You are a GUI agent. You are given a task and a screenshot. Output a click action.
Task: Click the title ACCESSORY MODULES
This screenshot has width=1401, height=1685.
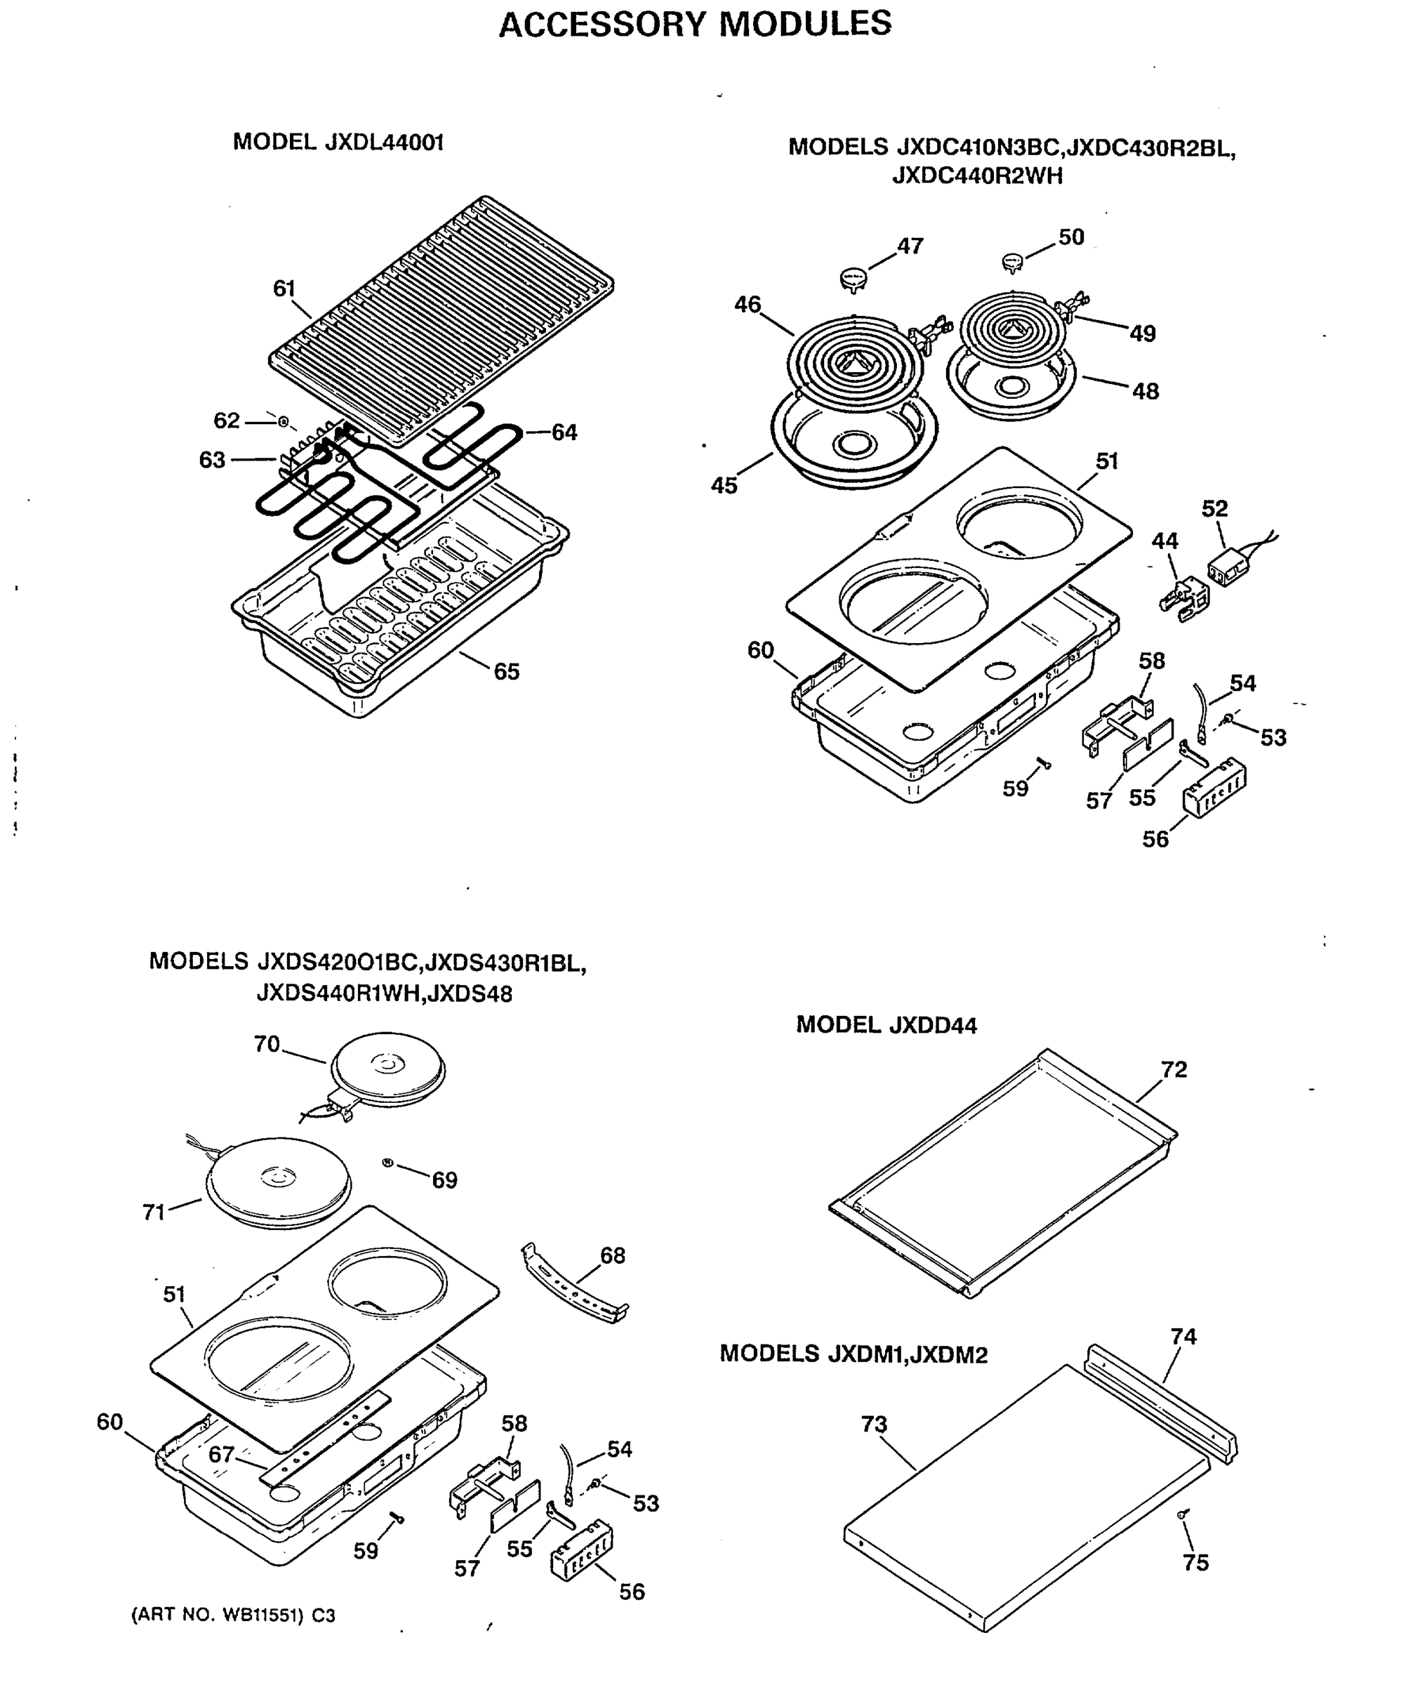point(695,24)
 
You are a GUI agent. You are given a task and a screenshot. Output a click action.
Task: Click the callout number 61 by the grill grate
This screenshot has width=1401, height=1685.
point(284,289)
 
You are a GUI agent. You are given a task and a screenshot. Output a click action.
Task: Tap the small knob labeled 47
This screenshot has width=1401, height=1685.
point(853,279)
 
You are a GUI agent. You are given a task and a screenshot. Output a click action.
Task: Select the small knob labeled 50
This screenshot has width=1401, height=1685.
point(1014,262)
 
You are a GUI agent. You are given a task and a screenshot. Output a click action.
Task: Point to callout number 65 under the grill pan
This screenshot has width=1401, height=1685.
point(506,672)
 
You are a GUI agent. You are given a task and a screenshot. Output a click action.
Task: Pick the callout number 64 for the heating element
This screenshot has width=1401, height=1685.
point(564,432)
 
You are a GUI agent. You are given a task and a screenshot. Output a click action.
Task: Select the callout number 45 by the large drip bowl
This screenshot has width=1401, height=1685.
point(724,485)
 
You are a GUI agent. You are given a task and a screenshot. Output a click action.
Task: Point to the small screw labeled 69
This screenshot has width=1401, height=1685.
point(387,1163)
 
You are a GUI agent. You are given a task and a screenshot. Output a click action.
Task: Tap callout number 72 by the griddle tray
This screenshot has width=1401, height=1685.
point(1173,1069)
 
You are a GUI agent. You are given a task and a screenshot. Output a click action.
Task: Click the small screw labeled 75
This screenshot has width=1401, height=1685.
point(1183,1514)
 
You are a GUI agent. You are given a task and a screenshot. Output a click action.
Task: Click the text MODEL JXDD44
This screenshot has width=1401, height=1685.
point(886,1026)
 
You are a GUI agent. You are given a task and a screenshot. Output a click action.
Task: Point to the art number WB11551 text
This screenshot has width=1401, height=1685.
point(233,1615)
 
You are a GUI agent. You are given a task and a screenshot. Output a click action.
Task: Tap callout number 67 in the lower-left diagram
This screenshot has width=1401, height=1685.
point(222,1455)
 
